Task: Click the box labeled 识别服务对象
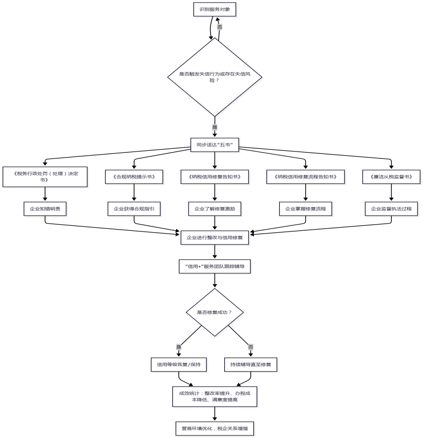215,9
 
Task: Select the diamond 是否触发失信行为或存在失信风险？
215,77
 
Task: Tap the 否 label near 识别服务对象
220,27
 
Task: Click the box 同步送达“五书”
215,145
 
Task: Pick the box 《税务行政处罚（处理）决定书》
45,177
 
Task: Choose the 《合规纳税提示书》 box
134,177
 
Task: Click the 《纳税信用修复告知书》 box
215,177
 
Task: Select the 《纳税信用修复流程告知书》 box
305,177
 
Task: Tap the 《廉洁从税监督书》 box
391,177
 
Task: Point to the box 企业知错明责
45,209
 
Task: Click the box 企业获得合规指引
134,209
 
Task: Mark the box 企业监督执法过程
391,209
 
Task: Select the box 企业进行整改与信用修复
215,238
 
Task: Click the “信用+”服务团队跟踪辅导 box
215,266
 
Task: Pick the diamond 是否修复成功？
215,312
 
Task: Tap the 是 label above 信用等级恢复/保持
179,347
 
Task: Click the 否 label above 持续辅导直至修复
251,347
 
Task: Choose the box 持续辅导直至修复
251,365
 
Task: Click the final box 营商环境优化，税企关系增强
215,428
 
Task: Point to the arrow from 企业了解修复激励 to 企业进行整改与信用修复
215,223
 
